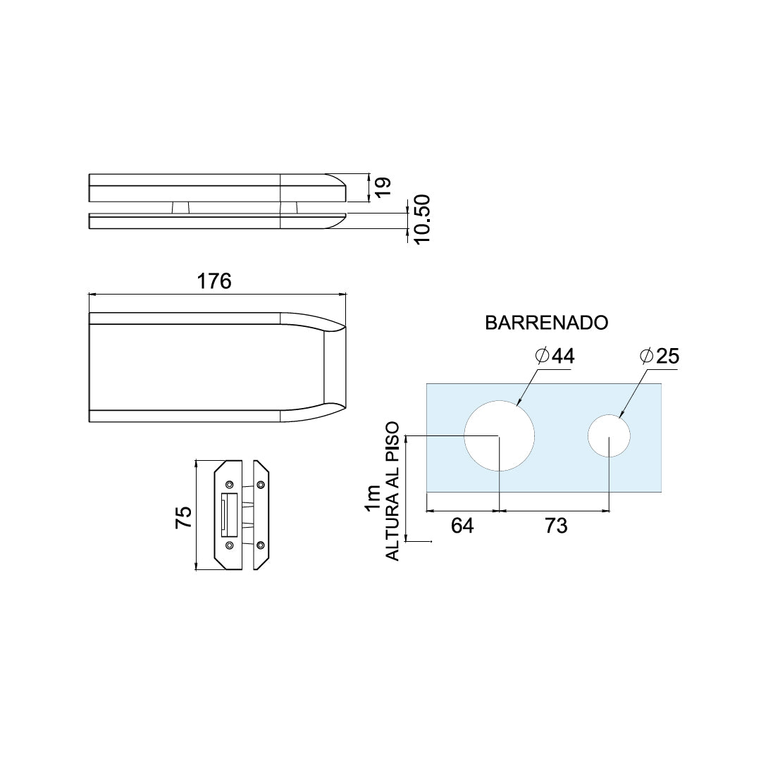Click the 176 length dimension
click(214, 281)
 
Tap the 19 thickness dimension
click(383, 187)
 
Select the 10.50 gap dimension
click(420, 219)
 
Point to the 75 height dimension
click(184, 517)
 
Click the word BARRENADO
click(547, 323)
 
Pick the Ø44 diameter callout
click(555, 357)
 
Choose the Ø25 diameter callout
click(660, 357)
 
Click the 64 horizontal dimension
click(462, 526)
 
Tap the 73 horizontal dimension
click(556, 526)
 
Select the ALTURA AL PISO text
click(392, 490)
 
